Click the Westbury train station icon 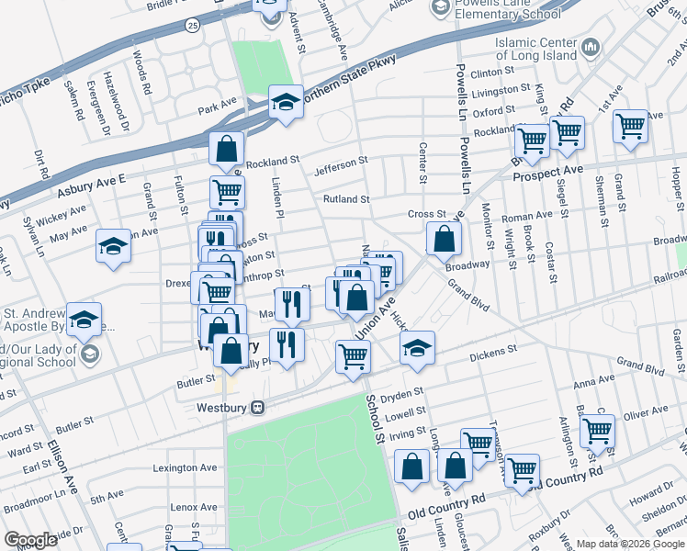[x=259, y=407]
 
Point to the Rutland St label [x=345, y=198]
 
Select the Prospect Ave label [x=547, y=173]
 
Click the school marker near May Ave [x=113, y=246]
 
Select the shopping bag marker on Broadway [x=444, y=240]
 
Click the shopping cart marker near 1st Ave [x=630, y=126]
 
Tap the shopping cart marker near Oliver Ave [x=597, y=429]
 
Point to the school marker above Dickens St [x=416, y=348]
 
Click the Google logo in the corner [x=31, y=540]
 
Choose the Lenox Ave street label [x=193, y=506]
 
